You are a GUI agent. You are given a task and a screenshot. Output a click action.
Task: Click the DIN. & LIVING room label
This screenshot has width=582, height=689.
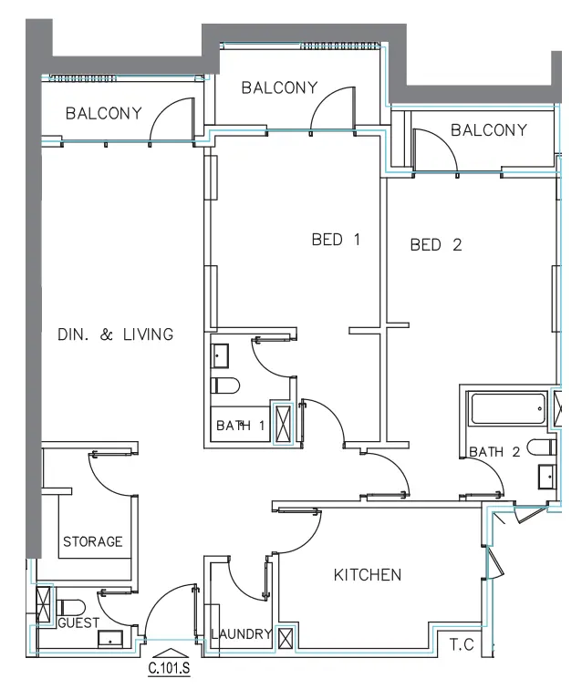click(116, 334)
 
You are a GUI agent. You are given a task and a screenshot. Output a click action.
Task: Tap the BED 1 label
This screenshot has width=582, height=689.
click(336, 240)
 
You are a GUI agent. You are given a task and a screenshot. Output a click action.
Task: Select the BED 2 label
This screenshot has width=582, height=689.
click(436, 245)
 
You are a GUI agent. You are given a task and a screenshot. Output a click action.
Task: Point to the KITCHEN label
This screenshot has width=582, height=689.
click(368, 575)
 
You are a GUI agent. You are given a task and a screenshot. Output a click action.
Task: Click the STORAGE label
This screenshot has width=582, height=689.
click(93, 541)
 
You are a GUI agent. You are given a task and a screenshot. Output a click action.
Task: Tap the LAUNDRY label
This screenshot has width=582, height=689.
click(242, 633)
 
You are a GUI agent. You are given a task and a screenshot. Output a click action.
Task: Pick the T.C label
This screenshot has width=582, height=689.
click(462, 644)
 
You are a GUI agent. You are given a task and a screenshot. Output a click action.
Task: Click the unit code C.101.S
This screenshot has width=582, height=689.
click(169, 668)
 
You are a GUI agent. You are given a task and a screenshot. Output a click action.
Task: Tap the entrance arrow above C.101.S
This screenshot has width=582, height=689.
click(170, 653)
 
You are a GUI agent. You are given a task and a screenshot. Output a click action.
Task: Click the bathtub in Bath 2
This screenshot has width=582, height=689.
click(507, 408)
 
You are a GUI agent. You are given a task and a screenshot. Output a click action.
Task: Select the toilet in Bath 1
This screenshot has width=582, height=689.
click(224, 386)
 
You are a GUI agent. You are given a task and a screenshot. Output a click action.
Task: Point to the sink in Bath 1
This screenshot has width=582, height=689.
click(220, 356)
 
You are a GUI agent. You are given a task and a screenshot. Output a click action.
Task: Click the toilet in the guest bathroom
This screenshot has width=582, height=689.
click(71, 608)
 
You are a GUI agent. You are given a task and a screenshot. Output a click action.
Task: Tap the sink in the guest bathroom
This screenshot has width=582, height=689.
click(110, 639)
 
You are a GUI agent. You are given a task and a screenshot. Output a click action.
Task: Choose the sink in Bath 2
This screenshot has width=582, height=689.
click(546, 478)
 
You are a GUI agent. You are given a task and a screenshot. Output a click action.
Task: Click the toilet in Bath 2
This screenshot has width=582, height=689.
click(542, 447)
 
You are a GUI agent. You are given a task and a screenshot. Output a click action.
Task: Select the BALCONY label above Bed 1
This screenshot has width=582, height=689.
click(279, 87)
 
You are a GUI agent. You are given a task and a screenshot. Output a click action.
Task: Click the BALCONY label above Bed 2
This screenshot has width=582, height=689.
click(489, 130)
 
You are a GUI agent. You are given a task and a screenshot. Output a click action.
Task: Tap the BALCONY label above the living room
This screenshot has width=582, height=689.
click(104, 113)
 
